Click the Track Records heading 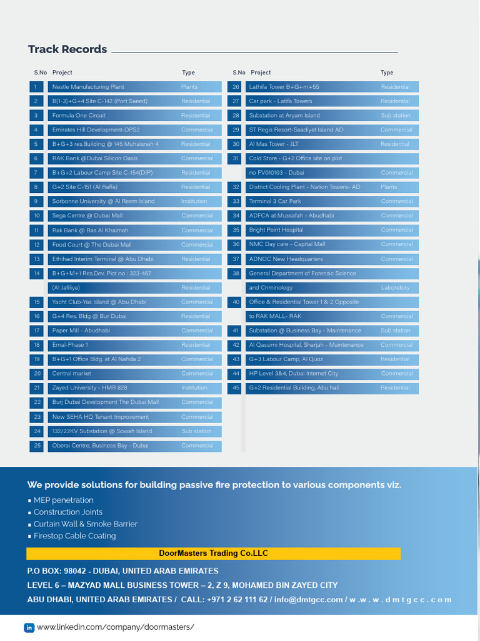[x=67, y=49]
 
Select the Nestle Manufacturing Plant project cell [x=88, y=87]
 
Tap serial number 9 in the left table [x=36, y=202]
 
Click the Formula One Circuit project [x=79, y=116]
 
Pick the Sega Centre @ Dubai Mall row [x=87, y=216]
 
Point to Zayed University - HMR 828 [x=89, y=388]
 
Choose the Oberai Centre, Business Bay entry [x=100, y=446]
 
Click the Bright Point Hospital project [x=276, y=230]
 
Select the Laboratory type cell [x=395, y=288]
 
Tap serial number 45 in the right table [x=236, y=388]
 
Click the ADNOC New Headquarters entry [x=286, y=259]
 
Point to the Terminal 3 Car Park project [x=275, y=202]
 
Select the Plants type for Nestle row [x=189, y=87]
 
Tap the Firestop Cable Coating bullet [x=74, y=536]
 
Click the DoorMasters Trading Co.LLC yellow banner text [x=214, y=553]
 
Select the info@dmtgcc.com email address [x=308, y=600]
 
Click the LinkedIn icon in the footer [x=29, y=627]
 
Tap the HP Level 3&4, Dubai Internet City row [x=293, y=374]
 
